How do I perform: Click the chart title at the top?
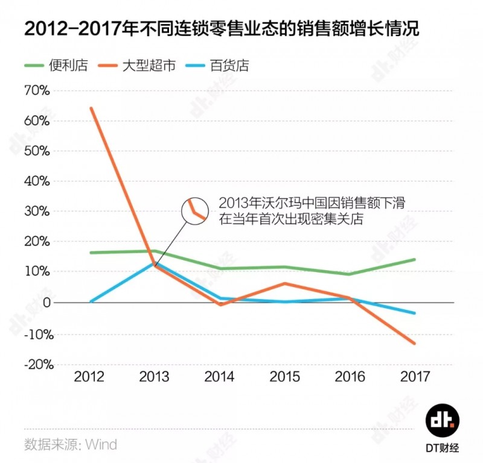click(x=222, y=29)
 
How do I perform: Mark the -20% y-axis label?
click(x=38, y=364)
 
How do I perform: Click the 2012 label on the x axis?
click(x=89, y=377)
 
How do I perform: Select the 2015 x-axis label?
click(x=285, y=377)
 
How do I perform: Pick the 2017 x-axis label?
click(x=415, y=377)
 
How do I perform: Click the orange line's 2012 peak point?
click(x=91, y=109)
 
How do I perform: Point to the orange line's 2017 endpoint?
click(x=415, y=344)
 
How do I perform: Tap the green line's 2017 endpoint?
click(x=415, y=259)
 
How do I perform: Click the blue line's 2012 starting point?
click(x=90, y=301)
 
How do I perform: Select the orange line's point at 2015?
click(x=285, y=283)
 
